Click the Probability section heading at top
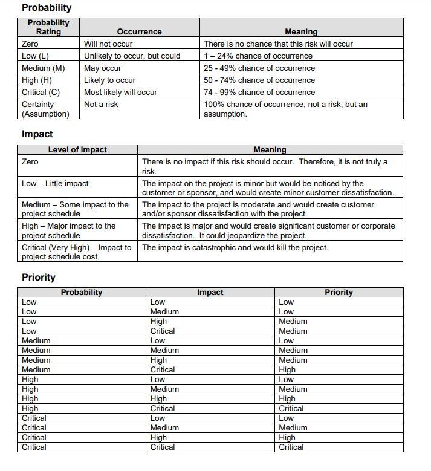47,8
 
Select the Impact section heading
37,134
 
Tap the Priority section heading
39,278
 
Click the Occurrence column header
139,31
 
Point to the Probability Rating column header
48,27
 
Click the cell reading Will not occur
108,44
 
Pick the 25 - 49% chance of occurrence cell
259,68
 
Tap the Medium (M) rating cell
44,68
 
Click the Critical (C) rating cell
42,92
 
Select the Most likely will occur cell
120,92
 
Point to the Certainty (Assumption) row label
45,109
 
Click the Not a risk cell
101,104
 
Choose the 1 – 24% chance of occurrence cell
258,56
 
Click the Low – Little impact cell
55,183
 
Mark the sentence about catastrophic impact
235,247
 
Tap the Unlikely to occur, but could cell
132,56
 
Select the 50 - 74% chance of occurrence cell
259,80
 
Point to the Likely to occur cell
109,80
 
